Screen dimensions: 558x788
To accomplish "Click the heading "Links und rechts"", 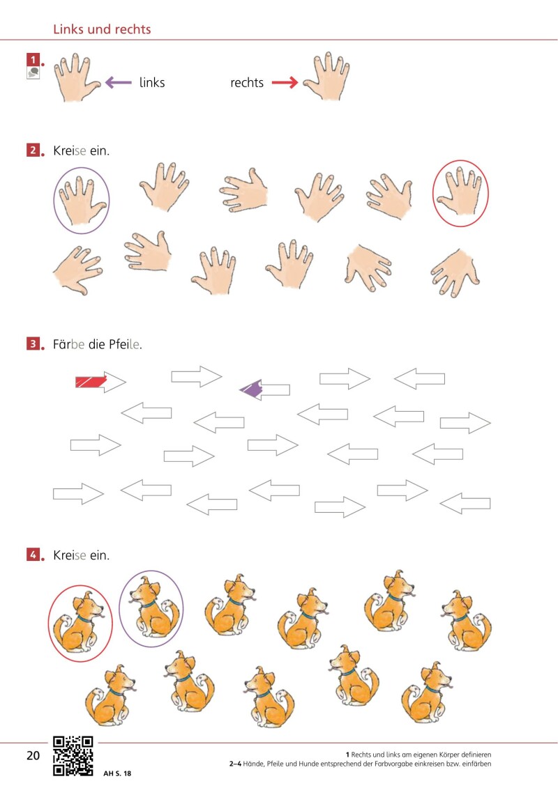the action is pyautogui.click(x=102, y=29).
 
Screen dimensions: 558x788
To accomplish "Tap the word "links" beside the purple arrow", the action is pyautogui.click(x=152, y=82).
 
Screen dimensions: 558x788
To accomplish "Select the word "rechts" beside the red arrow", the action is pyautogui.click(x=246, y=82).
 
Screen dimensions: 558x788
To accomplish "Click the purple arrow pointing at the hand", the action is pyautogui.click(x=119, y=82).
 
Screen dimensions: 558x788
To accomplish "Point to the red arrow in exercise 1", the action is pyautogui.click(x=285, y=82).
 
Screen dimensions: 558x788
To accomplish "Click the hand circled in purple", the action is pyautogui.click(x=82, y=200).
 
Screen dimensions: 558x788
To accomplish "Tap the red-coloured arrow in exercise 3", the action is pyautogui.click(x=100, y=383).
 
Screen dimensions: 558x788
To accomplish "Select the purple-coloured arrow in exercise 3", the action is pyautogui.click(x=264, y=389).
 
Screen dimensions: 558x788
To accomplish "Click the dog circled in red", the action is pyautogui.click(x=79, y=623).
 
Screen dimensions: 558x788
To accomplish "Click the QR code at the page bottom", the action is pyautogui.click(x=73, y=756).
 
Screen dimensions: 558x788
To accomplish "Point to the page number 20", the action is pyautogui.click(x=33, y=755).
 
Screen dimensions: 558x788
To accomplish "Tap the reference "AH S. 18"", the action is pyautogui.click(x=117, y=773).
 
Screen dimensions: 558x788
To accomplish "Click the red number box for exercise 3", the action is pyautogui.click(x=33, y=343).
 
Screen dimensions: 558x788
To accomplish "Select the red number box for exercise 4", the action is pyautogui.click(x=33, y=555).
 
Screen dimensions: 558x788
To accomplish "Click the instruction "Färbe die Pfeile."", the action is pyautogui.click(x=98, y=344).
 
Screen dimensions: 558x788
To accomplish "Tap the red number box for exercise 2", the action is pyautogui.click(x=33, y=150).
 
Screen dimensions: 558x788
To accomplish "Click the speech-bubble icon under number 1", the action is pyautogui.click(x=33, y=73).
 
